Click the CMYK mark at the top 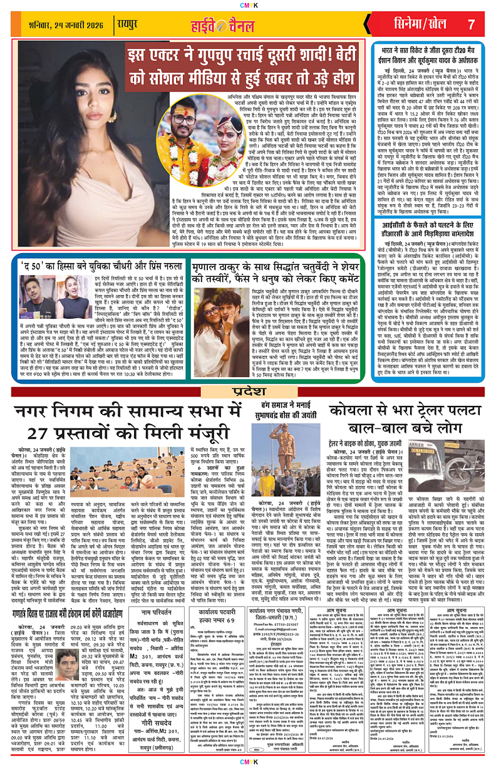[250, 4]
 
